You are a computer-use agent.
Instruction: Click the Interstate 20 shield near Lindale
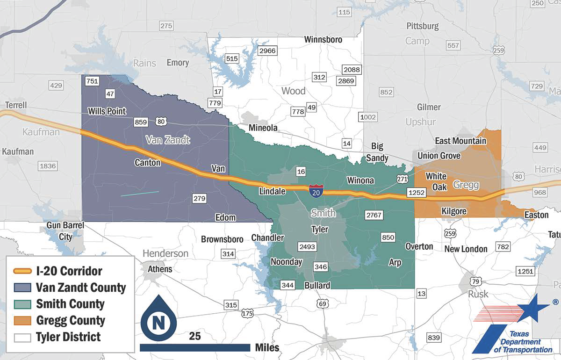coord(315,190)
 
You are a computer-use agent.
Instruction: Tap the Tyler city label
coord(320,229)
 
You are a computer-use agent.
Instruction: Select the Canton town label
coord(147,163)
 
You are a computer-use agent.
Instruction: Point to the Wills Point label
coord(107,111)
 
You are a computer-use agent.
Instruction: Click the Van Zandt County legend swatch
coord(22,288)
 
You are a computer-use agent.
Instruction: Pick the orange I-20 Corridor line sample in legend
coord(22,271)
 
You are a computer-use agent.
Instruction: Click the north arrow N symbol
coord(158,323)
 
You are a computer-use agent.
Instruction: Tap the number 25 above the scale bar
coord(195,336)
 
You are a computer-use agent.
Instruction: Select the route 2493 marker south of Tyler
coord(307,246)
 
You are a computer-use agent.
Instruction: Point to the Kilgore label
coord(454,211)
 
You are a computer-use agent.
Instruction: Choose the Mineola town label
coord(263,128)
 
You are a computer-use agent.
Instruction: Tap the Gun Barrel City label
coord(65,231)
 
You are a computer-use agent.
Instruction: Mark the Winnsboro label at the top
coord(323,39)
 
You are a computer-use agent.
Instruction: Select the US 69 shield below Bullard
coord(322,304)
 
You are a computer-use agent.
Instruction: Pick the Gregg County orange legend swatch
coord(22,321)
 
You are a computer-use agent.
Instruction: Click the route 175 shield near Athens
coord(247,313)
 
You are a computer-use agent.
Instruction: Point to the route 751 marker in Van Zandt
coord(93,81)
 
